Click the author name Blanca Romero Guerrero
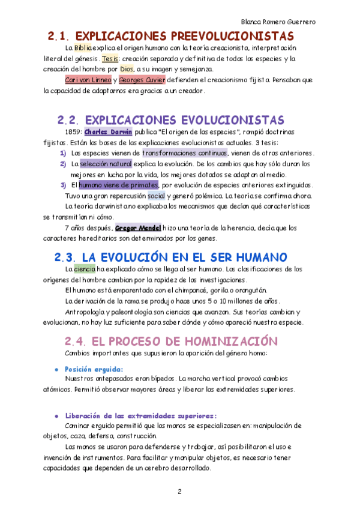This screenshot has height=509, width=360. pyautogui.click(x=278, y=22)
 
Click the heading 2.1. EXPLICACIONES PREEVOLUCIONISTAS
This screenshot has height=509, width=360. pyautogui.click(x=171, y=37)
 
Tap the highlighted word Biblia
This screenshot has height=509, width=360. pyautogui.click(x=83, y=47)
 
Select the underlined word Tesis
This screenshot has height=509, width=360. pyautogui.click(x=110, y=59)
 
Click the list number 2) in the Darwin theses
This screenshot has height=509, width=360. pyautogui.click(x=63, y=164)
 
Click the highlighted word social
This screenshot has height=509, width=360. pyautogui.click(x=155, y=196)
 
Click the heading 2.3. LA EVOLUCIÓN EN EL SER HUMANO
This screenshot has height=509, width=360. pyautogui.click(x=171, y=257)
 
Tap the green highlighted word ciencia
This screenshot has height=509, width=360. pyautogui.click(x=85, y=270)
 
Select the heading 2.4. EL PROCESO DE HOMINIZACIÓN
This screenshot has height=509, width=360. pyautogui.click(x=171, y=340)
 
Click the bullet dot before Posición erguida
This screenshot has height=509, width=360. pyautogui.click(x=56, y=369)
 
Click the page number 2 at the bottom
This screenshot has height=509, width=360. pyautogui.click(x=179, y=492)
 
